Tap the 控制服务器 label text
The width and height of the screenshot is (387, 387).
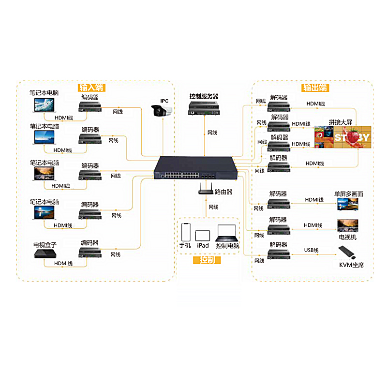204,96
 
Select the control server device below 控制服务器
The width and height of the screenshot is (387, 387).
204,109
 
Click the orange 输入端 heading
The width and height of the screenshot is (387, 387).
92,88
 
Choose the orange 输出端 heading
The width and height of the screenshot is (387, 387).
315,88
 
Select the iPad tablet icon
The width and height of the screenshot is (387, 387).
203,236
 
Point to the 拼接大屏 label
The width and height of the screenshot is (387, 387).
340,122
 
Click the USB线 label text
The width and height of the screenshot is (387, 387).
311,250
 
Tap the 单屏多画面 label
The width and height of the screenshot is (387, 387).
348,194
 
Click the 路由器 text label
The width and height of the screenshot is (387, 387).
223,192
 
